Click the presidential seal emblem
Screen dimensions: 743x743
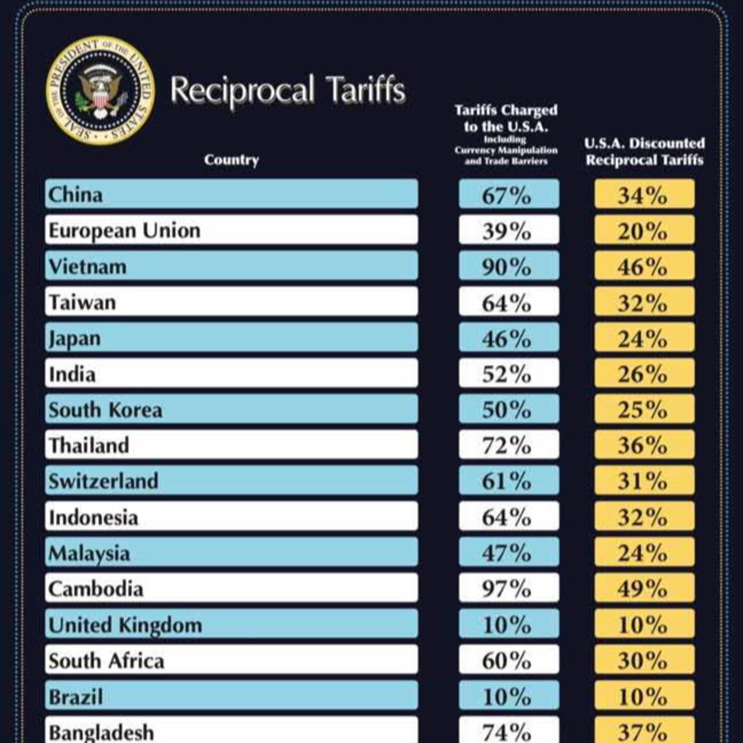pos(100,91)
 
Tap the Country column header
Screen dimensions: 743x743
pos(231,159)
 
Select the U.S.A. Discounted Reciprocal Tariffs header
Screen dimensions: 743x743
pos(644,152)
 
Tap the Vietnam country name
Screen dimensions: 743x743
pos(88,266)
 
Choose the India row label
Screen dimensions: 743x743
pos(72,373)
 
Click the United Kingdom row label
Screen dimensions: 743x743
pos(125,624)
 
